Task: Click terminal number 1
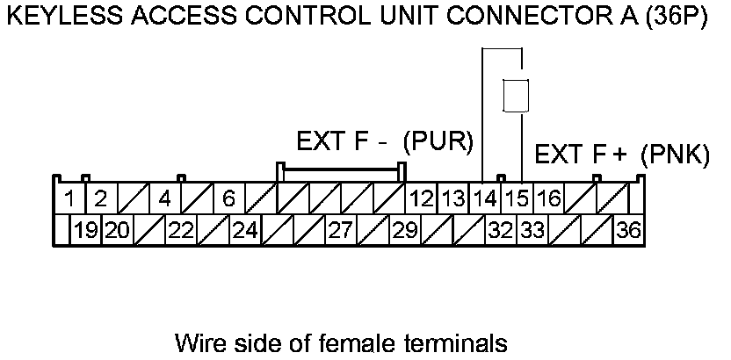69,198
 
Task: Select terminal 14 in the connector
484,198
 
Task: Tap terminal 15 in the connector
517,198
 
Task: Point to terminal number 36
628,232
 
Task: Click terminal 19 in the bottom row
85,232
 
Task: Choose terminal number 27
340,232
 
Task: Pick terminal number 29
404,232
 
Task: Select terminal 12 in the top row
421,198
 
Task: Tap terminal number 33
532,232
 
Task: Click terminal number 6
228,198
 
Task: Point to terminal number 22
181,232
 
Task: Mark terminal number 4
164,198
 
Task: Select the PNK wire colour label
675,155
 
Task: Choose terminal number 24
245,232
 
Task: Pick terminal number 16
548,198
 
